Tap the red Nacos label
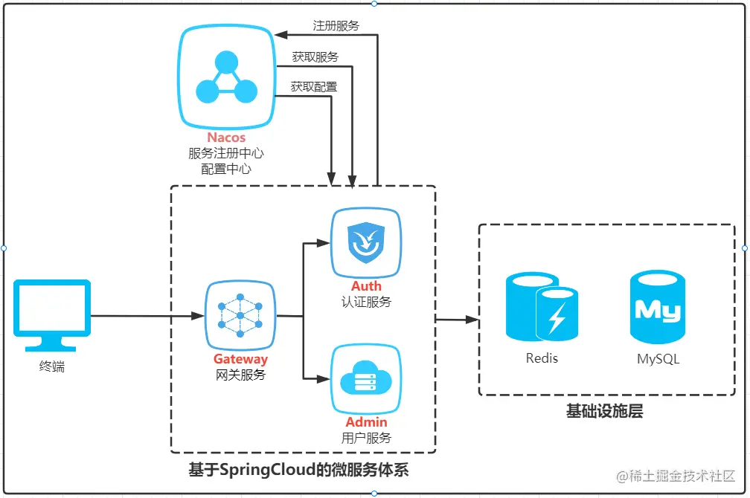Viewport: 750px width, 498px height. click(226, 138)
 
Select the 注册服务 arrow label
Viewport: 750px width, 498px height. click(336, 26)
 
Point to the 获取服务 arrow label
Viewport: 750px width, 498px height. click(315, 57)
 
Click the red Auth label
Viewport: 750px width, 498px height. click(366, 286)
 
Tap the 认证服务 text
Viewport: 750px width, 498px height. click(366, 302)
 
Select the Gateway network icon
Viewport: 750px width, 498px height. click(240, 316)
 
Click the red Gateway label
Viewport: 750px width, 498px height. click(240, 360)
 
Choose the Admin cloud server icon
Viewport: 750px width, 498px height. click(366, 381)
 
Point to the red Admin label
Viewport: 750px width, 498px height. click(366, 422)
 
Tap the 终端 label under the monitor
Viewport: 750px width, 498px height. click(52, 366)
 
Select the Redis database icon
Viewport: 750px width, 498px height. click(542, 306)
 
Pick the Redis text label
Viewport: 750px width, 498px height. click(542, 358)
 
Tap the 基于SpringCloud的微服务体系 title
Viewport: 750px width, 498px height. click(298, 470)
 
